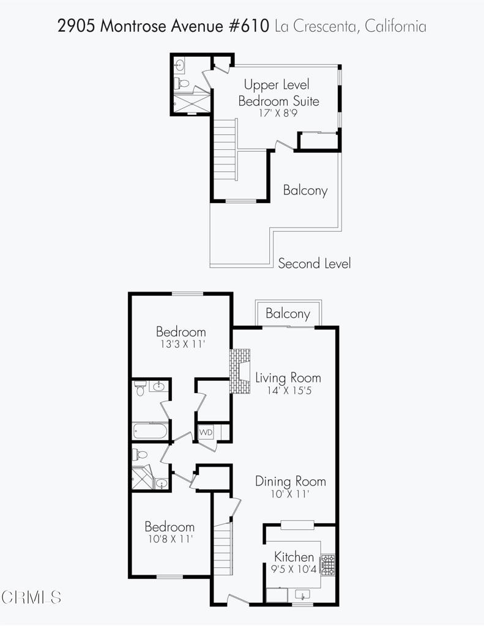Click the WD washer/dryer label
pyautogui.click(x=206, y=432)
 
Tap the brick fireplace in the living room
pyautogui.click(x=239, y=371)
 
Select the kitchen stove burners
pyautogui.click(x=329, y=564)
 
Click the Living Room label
pyautogui.click(x=288, y=378)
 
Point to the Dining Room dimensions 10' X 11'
pyautogui.click(x=290, y=494)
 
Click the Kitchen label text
pyautogui.click(x=294, y=556)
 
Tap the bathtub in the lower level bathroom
pyautogui.click(x=151, y=431)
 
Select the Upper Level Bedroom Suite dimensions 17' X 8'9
pyautogui.click(x=278, y=113)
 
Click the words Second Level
pyautogui.click(x=314, y=263)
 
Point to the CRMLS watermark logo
pyautogui.click(x=31, y=597)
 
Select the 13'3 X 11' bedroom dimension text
pyautogui.click(x=183, y=344)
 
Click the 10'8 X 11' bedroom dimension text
pyautogui.click(x=171, y=539)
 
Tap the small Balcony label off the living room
pyautogui.click(x=288, y=314)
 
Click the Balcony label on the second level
pyautogui.click(x=305, y=191)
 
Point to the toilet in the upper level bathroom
pyautogui.click(x=182, y=83)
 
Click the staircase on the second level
pyautogui.click(x=225, y=150)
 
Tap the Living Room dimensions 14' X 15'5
pyautogui.click(x=289, y=390)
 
